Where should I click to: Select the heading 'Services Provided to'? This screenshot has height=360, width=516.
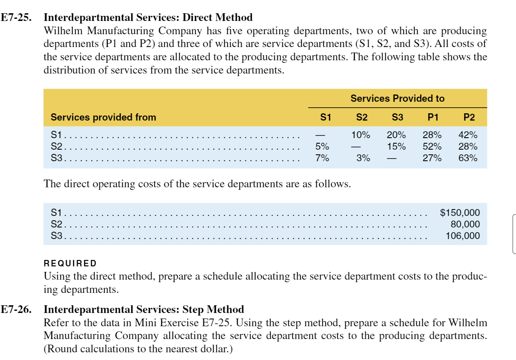[397, 98]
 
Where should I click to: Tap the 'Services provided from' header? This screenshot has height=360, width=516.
[103, 117]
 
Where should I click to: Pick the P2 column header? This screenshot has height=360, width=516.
[469, 117]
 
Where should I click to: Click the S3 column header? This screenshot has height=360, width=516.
[397, 117]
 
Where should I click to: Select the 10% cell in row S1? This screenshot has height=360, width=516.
[360, 135]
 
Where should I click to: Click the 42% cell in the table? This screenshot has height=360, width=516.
[468, 135]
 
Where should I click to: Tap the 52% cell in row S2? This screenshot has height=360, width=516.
[432, 147]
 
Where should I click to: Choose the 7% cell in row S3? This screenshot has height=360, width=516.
[322, 158]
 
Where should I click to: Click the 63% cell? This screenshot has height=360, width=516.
[468, 158]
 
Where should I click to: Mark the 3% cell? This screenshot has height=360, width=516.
[363, 158]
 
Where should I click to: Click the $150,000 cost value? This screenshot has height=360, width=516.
[460, 212]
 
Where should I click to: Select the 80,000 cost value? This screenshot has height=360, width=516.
[465, 224]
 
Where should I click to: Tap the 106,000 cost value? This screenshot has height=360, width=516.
[463, 236]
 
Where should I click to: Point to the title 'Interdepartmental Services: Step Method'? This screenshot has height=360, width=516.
[144, 310]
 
